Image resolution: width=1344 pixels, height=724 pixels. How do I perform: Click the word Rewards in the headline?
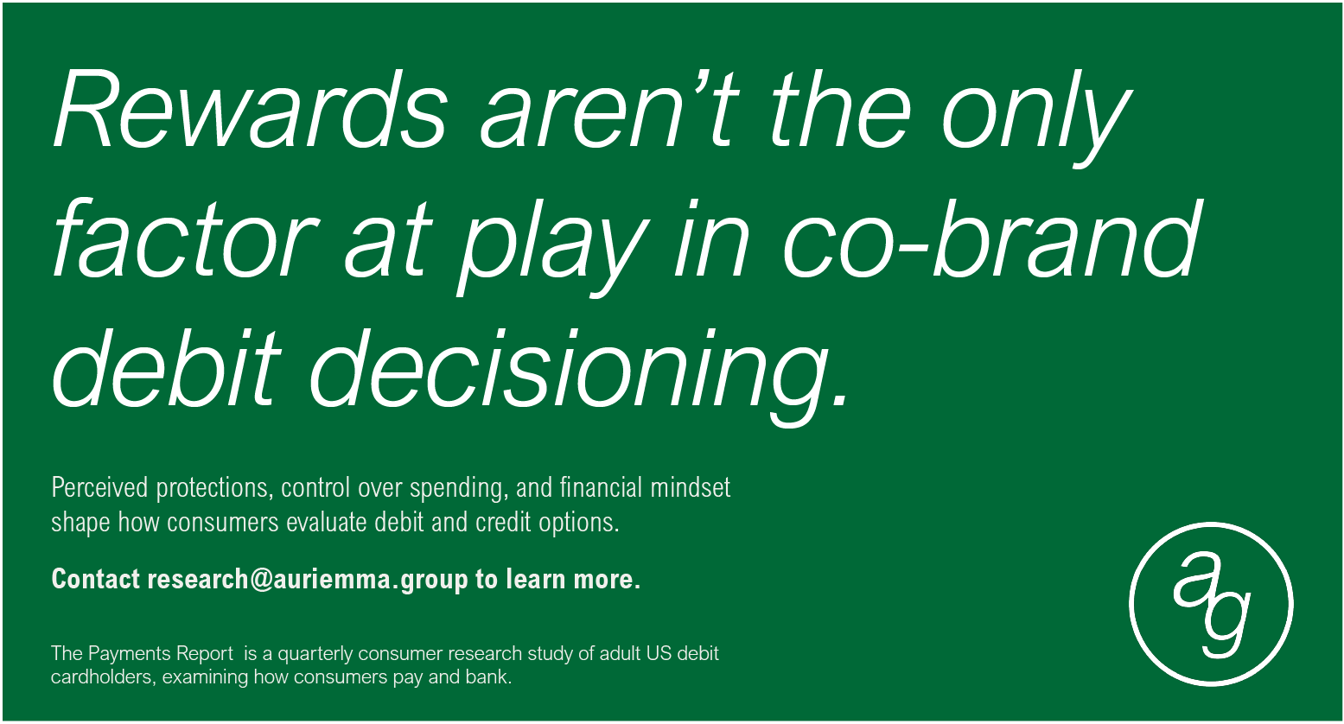[x=251, y=109]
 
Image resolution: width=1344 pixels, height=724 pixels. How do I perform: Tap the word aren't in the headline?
[x=608, y=109]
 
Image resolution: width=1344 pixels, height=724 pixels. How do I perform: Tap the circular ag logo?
[x=1211, y=604]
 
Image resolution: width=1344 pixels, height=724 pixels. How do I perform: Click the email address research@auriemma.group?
[x=307, y=580]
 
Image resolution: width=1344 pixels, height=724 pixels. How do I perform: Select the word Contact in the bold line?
[x=95, y=580]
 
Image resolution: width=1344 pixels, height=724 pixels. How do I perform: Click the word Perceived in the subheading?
[x=99, y=487]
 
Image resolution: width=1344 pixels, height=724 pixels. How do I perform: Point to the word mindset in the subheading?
[x=691, y=487]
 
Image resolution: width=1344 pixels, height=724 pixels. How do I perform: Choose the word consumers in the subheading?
[x=223, y=523]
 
